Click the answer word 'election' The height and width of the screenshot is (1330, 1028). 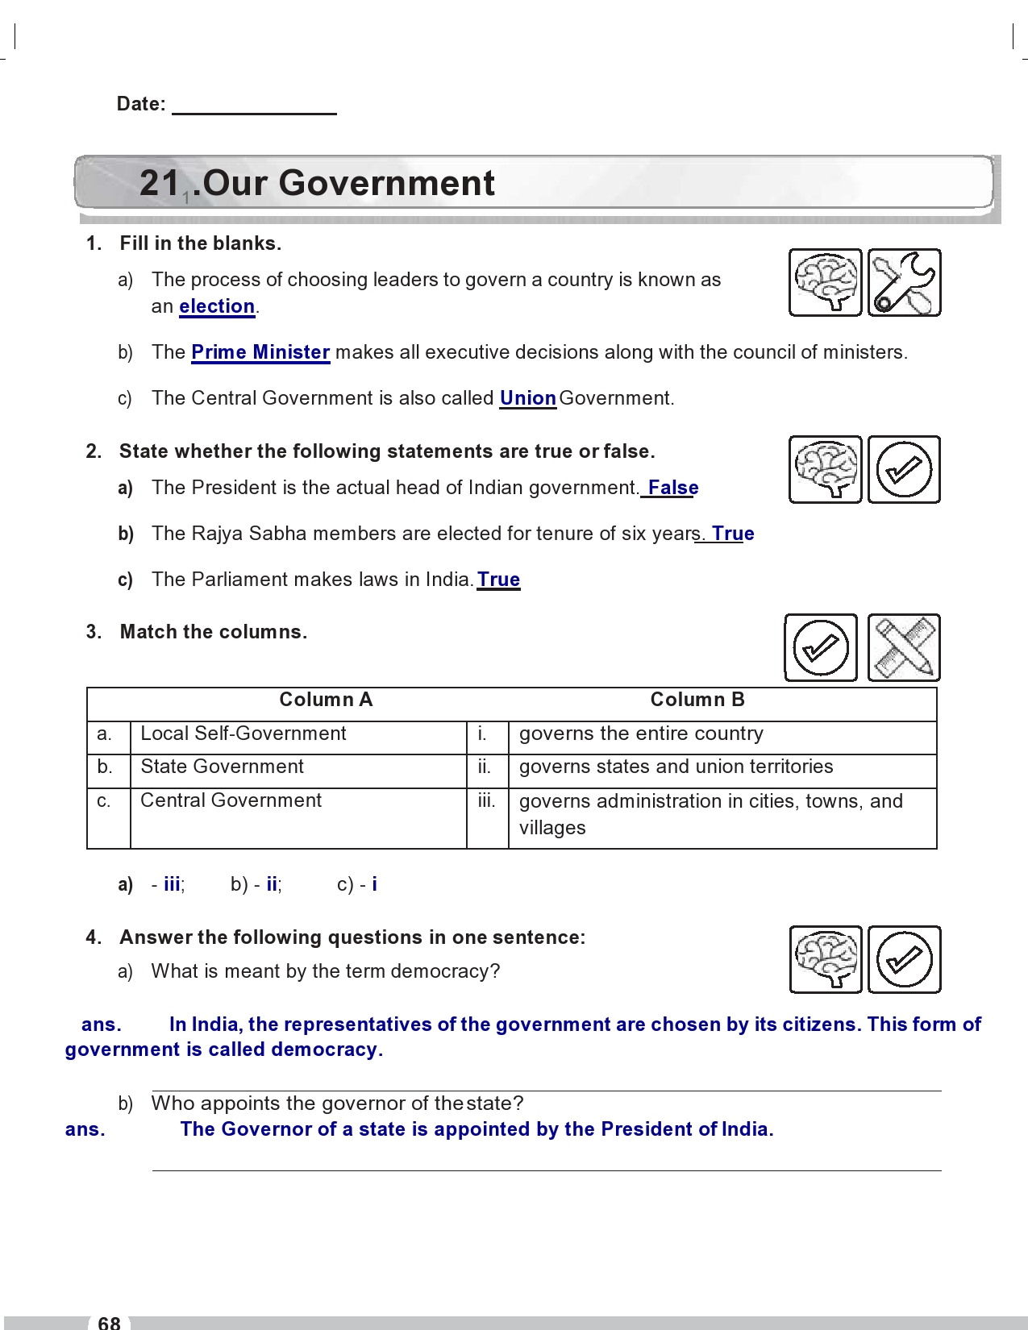217,306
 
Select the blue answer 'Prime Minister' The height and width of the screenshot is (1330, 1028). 260,352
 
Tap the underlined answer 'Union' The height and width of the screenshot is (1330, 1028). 527,398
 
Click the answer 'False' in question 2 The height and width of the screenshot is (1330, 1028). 672,488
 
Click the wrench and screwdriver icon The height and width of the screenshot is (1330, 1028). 904,282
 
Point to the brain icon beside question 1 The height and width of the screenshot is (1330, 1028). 825,282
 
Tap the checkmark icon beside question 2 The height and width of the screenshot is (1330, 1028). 904,469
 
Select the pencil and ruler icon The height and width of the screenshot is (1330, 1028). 904,647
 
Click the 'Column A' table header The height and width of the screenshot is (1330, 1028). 326,700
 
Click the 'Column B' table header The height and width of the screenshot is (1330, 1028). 697,700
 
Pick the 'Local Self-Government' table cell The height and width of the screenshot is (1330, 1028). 243,734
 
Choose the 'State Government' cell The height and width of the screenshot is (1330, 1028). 222,767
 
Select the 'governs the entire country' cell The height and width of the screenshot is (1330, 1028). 641,734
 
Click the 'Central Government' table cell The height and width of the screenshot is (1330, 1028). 231,800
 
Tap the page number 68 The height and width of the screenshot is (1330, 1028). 109,1322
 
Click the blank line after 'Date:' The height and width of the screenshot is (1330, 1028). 254,106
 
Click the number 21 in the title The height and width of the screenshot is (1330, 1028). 160,183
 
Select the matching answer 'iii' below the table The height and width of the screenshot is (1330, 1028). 172,884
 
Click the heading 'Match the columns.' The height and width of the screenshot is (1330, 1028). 213,632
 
